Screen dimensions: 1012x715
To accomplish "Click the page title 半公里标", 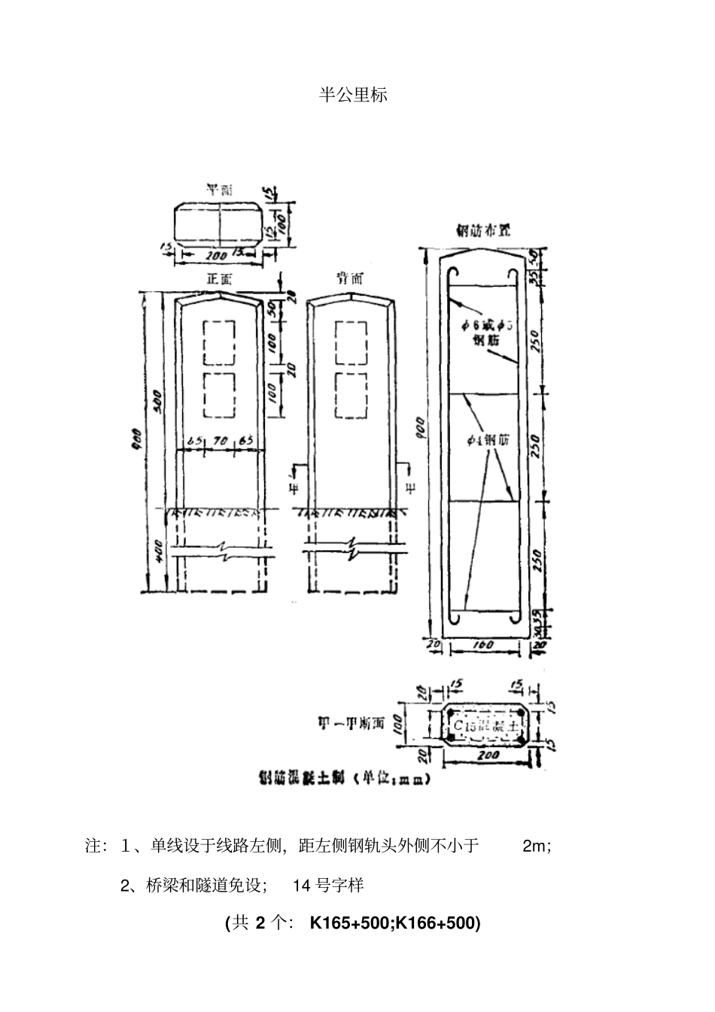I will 353,96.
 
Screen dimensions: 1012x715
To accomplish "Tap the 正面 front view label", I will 220,279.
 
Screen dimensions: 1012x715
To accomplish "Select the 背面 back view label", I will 350,278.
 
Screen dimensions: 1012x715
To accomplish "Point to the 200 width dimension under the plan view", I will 197,254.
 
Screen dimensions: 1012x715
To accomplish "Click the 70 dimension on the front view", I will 221,441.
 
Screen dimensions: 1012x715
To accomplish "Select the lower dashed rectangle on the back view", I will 350,396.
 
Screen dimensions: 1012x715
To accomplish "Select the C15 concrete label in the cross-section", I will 486,726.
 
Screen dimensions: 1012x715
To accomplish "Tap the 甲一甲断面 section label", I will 349,724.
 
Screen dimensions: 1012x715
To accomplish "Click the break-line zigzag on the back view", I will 352,549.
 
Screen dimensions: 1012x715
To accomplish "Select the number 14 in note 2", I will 302,886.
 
